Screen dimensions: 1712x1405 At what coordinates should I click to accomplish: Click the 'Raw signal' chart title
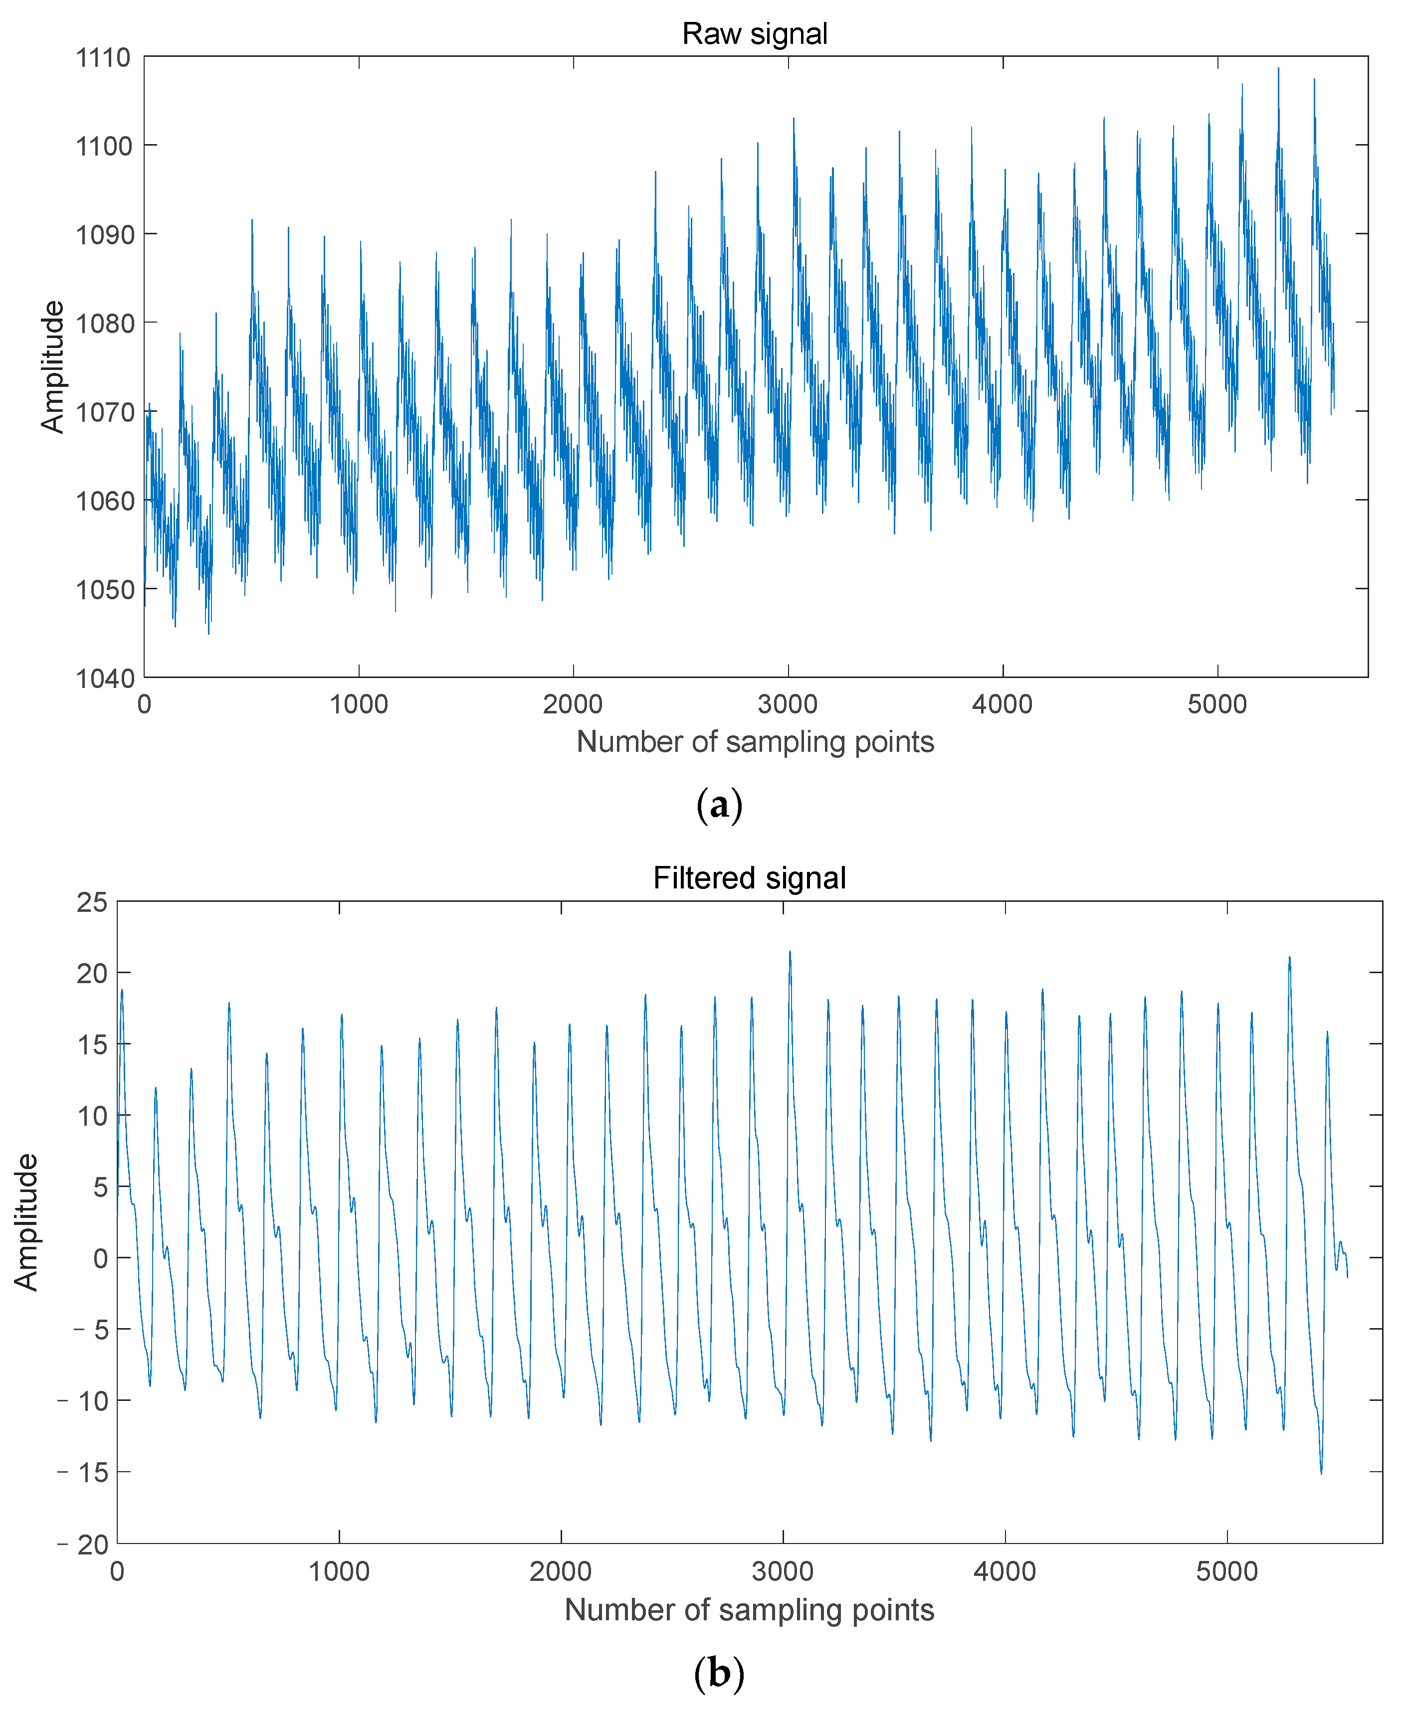click(754, 34)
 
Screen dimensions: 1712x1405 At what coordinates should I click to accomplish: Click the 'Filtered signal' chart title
click(750, 878)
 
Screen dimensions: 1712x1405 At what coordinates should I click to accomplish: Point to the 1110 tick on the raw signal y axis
click(103, 57)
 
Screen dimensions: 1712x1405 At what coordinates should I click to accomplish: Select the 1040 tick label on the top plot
click(103, 678)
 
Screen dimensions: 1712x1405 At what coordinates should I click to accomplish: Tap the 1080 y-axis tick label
click(103, 324)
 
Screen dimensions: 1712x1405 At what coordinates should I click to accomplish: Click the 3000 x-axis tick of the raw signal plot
click(788, 704)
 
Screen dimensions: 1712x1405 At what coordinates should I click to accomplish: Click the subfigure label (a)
click(719, 805)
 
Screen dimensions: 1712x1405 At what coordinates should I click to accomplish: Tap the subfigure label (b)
click(719, 1672)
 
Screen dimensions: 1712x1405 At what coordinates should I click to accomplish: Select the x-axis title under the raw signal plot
click(754, 742)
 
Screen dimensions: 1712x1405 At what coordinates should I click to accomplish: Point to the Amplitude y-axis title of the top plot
click(52, 366)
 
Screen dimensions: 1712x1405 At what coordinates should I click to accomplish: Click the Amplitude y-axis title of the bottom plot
click(26, 1222)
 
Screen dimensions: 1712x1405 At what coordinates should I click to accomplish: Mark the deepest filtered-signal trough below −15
click(1321, 1473)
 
